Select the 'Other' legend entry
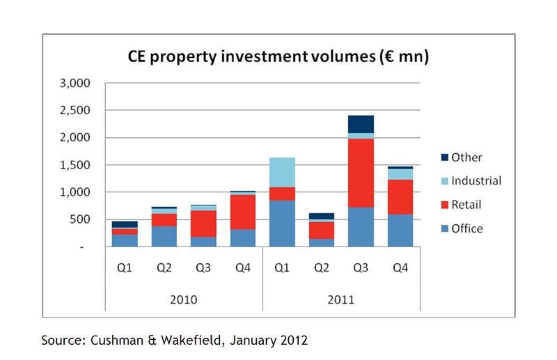(466, 157)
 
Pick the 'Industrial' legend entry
(476, 181)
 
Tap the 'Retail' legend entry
(466, 205)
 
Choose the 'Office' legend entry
(466, 228)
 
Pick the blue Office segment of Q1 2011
(283, 223)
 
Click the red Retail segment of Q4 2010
(243, 212)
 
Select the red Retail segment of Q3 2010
(204, 224)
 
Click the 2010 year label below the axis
(184, 300)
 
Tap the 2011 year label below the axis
(341, 300)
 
